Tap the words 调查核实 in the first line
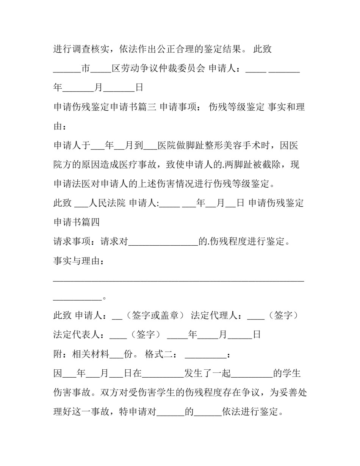(91, 49)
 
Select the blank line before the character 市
(67, 71)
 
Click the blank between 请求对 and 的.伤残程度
(163, 244)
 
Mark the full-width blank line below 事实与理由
(178, 281)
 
